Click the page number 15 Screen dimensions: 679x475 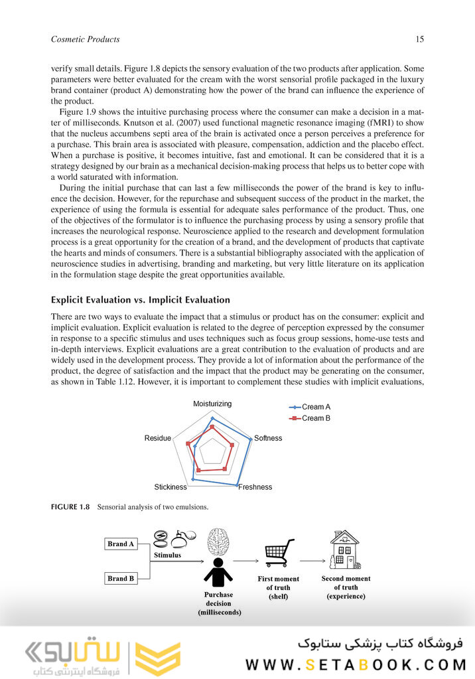(419, 39)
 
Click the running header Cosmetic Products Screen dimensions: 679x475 (85, 39)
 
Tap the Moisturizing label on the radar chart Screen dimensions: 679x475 (212, 404)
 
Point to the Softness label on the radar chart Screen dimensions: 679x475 (268, 438)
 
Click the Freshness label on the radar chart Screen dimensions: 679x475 (255, 487)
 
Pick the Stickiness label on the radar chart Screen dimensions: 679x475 (170, 487)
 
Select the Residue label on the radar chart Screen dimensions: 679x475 (157, 438)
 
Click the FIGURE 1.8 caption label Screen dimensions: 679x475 (70, 508)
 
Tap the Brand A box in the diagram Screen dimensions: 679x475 (121, 544)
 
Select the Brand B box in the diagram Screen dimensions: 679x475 (121, 578)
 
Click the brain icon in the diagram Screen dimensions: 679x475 (218, 542)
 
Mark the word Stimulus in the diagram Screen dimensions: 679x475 (167, 555)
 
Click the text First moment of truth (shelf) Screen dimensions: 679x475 (278, 587)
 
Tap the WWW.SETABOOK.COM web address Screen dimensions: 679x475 (356, 664)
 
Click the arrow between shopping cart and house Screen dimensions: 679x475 (311, 560)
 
